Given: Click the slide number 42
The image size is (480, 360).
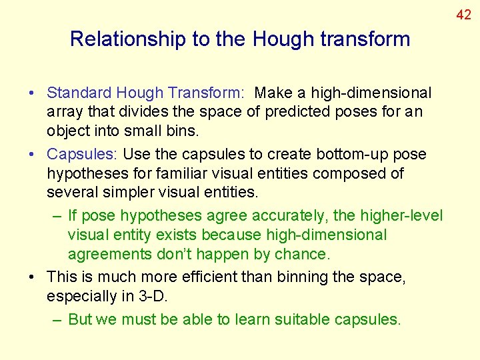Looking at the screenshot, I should [463, 13].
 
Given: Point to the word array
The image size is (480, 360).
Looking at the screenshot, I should [64, 112].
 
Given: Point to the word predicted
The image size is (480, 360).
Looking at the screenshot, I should [297, 112].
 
